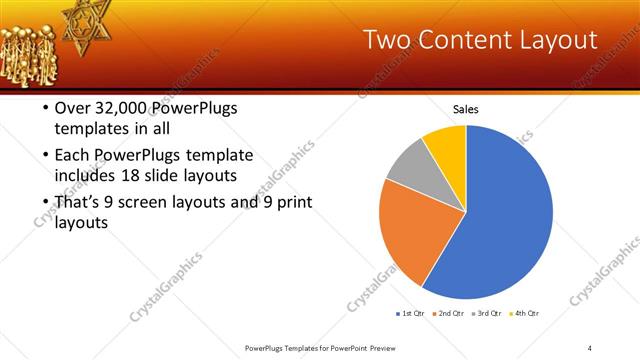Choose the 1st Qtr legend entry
(x=410, y=314)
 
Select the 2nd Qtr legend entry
(x=447, y=314)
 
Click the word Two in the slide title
(x=386, y=41)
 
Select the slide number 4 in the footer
(x=590, y=348)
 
